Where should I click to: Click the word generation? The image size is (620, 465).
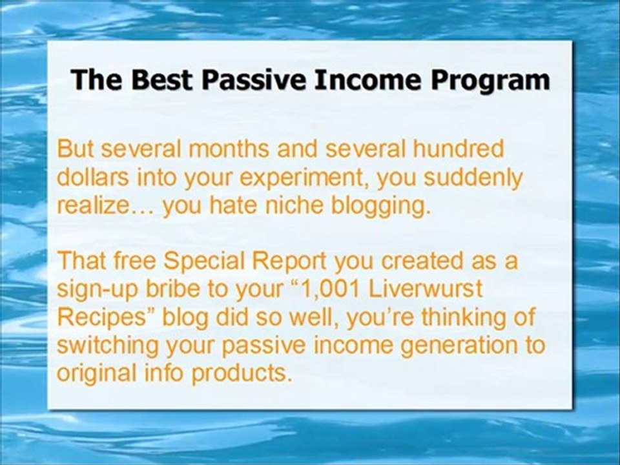(455, 346)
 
